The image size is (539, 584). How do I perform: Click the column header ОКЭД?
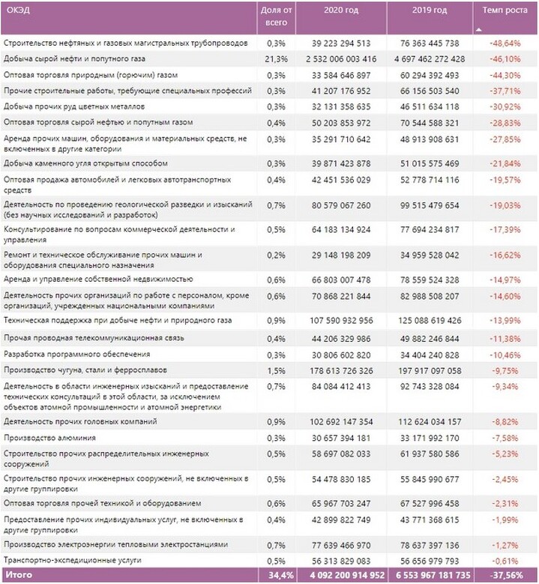click(18, 10)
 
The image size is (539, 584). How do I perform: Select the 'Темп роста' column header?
click(505, 10)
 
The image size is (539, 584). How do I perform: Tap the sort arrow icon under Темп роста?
click(479, 29)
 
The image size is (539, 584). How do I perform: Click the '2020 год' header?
click(341, 10)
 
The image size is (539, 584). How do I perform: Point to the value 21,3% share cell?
click(276, 58)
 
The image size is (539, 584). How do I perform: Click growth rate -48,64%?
click(505, 43)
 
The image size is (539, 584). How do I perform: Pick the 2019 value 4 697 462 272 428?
click(430, 58)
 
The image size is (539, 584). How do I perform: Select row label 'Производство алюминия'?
click(49, 438)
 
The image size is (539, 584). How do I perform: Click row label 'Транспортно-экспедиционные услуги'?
click(72, 560)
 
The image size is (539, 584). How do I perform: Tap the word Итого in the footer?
click(19, 575)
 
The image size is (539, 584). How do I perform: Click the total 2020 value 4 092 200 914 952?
click(347, 575)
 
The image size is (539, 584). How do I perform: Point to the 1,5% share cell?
click(276, 370)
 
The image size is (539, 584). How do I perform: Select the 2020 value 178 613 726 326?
click(341, 370)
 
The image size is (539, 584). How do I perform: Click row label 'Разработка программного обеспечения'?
click(76, 354)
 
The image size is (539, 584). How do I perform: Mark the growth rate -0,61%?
click(505, 561)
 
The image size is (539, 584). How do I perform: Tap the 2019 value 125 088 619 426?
click(430, 320)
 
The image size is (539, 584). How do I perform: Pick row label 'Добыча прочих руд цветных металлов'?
click(74, 106)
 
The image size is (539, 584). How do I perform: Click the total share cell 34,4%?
click(281, 575)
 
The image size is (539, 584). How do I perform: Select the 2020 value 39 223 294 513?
click(341, 43)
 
